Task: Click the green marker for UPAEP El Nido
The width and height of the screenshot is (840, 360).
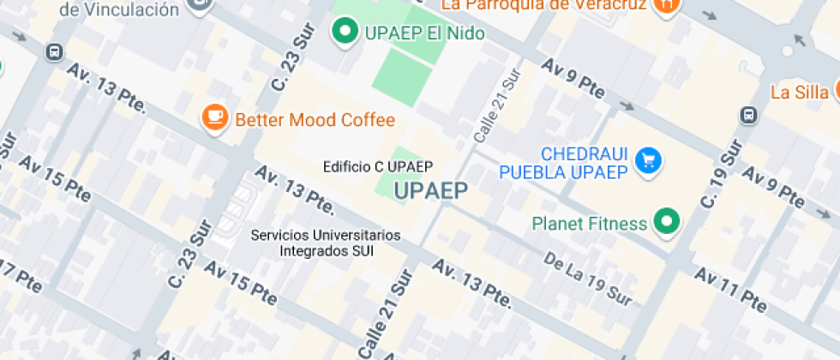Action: pyautogui.click(x=345, y=33)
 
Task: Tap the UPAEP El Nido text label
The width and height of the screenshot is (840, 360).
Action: pyautogui.click(x=424, y=33)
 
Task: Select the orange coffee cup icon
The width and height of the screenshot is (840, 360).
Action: pyautogui.click(x=214, y=118)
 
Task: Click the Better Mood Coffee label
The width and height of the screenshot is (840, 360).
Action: pyautogui.click(x=315, y=119)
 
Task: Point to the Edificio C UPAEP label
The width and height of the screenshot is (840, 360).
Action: pyautogui.click(x=378, y=166)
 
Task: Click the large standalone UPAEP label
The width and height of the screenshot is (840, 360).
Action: pyautogui.click(x=431, y=191)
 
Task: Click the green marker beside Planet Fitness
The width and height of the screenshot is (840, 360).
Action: pyautogui.click(x=666, y=223)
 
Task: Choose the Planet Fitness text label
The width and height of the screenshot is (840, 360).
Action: pyautogui.click(x=590, y=224)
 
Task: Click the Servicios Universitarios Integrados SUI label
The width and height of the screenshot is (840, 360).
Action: pyautogui.click(x=325, y=243)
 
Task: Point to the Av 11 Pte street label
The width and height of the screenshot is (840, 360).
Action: pyautogui.click(x=730, y=289)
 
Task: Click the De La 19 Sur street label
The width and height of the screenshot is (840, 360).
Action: pyautogui.click(x=588, y=280)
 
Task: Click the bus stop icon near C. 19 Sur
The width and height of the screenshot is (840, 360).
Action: pyautogui.click(x=748, y=115)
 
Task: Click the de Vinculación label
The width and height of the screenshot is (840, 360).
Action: pyautogui.click(x=121, y=9)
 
